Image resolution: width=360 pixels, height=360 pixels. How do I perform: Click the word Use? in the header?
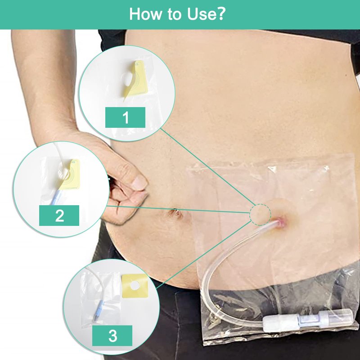(207, 14)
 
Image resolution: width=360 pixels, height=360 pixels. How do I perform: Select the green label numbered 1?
(125, 117)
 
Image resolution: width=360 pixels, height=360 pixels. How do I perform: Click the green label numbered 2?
(59, 216)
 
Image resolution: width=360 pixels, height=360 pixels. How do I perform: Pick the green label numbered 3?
(112, 335)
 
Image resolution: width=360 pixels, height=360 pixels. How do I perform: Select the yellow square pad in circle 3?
(135, 286)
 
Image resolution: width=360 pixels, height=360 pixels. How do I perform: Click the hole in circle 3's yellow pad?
(135, 285)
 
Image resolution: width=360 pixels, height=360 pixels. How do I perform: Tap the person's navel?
(176, 213)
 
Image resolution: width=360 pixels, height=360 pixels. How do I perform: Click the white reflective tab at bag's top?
(273, 169)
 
